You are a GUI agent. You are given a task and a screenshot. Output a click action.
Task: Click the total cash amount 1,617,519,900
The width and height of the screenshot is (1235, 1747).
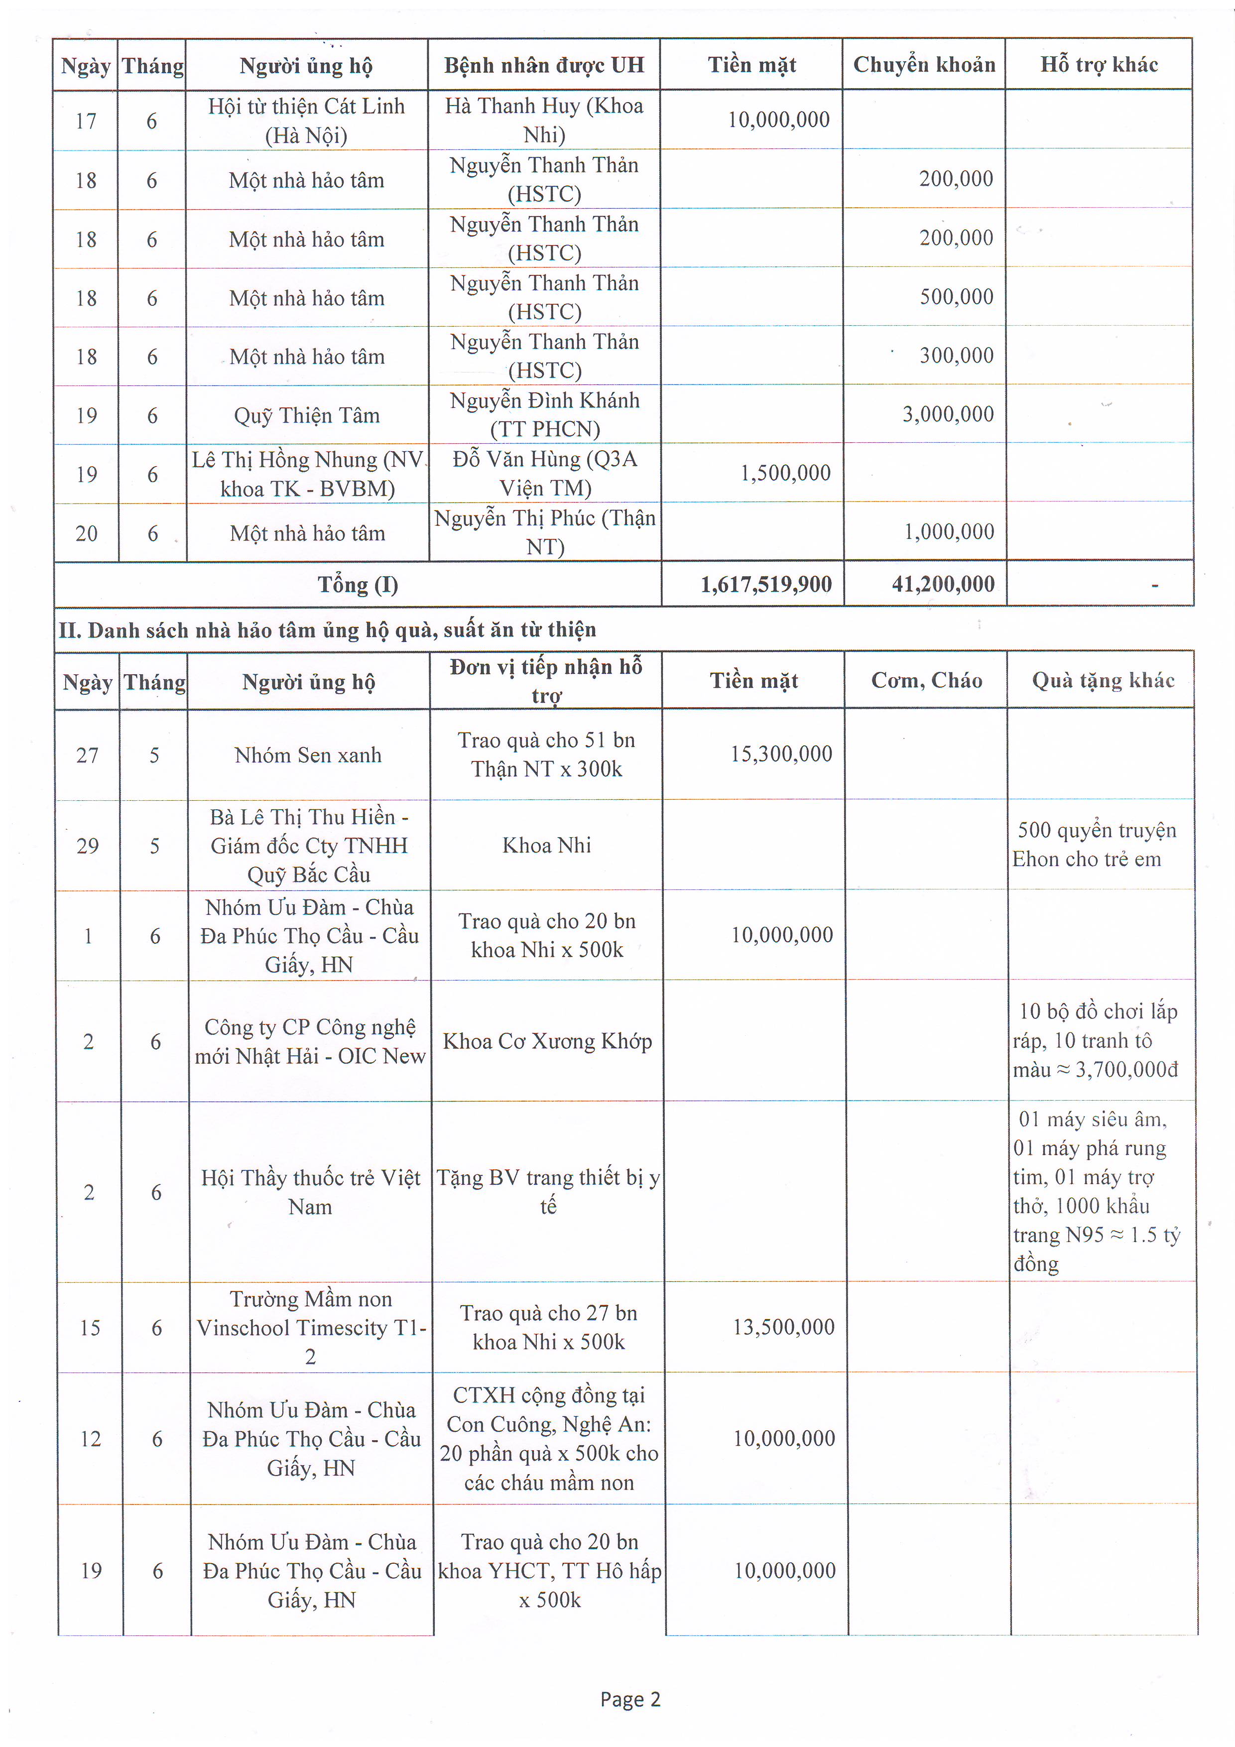(x=765, y=584)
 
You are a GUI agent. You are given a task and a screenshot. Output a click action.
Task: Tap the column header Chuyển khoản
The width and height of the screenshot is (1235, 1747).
(x=924, y=65)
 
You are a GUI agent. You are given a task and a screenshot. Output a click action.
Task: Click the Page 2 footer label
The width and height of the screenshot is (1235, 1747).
(x=630, y=1699)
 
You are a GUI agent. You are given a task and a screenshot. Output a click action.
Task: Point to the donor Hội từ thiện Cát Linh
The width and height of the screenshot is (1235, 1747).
(x=307, y=120)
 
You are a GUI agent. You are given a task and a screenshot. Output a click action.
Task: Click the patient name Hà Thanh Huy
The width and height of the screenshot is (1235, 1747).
(x=544, y=120)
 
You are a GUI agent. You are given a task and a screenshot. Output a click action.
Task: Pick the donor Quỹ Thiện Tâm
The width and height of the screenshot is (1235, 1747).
(x=307, y=415)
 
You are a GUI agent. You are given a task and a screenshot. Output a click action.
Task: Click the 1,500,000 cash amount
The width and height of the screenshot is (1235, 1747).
(x=785, y=473)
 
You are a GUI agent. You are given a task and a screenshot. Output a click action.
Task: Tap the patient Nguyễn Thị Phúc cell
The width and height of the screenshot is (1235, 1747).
(x=545, y=532)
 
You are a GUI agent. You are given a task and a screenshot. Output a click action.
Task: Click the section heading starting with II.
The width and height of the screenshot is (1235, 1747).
(x=327, y=630)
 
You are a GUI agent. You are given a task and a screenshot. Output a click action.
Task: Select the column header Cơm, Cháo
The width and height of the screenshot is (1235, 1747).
(x=926, y=680)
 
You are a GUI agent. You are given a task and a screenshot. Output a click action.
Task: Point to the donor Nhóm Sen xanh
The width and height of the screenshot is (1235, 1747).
(x=308, y=755)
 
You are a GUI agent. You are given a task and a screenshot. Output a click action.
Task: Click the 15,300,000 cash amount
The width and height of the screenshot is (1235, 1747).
(x=781, y=754)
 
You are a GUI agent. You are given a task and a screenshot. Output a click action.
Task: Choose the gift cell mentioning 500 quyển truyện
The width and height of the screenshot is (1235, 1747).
(x=1096, y=845)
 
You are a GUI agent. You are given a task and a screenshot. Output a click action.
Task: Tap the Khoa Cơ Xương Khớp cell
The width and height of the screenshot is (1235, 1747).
(x=547, y=1041)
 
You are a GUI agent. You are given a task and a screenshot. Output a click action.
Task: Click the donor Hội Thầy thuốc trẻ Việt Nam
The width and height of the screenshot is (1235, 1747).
(x=310, y=1192)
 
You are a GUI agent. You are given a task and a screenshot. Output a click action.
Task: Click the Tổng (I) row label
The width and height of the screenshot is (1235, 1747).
(x=358, y=584)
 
